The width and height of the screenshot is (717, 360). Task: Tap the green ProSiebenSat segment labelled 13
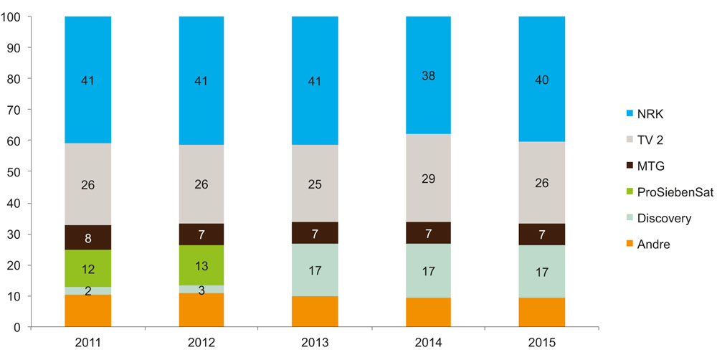click(201, 265)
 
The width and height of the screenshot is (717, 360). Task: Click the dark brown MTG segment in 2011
click(87, 237)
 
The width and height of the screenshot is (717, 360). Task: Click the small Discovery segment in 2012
click(201, 289)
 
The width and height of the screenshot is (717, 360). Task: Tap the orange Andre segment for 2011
click(87, 311)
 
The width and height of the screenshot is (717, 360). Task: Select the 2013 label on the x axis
click(315, 342)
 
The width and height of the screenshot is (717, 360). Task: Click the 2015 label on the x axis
click(541, 342)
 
